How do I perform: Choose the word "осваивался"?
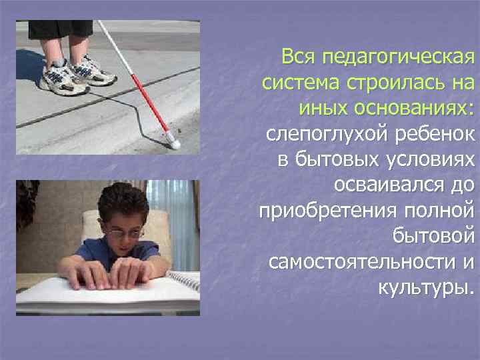pos(385,187)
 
